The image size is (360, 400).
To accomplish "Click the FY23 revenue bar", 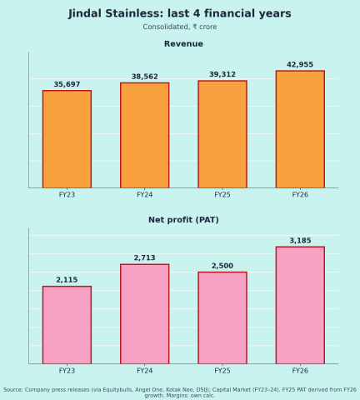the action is point(67,139).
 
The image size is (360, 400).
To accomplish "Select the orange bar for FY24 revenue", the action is point(145,135).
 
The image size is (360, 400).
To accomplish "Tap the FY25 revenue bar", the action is point(222,134).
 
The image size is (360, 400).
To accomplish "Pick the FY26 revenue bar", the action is point(300,129).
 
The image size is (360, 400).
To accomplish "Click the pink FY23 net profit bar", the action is point(67,325).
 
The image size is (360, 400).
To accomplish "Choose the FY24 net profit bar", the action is point(145,314).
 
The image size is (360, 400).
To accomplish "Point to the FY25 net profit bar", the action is point(222,317).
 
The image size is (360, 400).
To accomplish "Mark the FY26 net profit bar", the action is point(300,305).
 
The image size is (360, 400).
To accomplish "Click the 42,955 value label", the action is point(300,65).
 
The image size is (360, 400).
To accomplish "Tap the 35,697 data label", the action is point(67,84).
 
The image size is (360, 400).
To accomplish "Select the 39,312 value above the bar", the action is point(222,74).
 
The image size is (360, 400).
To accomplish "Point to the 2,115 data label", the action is point(67,280).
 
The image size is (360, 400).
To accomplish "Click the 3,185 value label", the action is point(300,241).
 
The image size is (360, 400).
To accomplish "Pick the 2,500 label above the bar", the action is point(222,266).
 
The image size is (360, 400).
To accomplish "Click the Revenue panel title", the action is point(183,44).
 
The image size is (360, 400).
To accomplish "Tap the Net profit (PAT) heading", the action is point(183,220).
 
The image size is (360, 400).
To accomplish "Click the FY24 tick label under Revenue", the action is point(145,195).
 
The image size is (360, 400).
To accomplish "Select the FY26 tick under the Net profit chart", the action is point(300,371).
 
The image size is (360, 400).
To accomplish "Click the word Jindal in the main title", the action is point(85,13).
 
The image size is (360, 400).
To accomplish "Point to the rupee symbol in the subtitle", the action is point(195,27).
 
